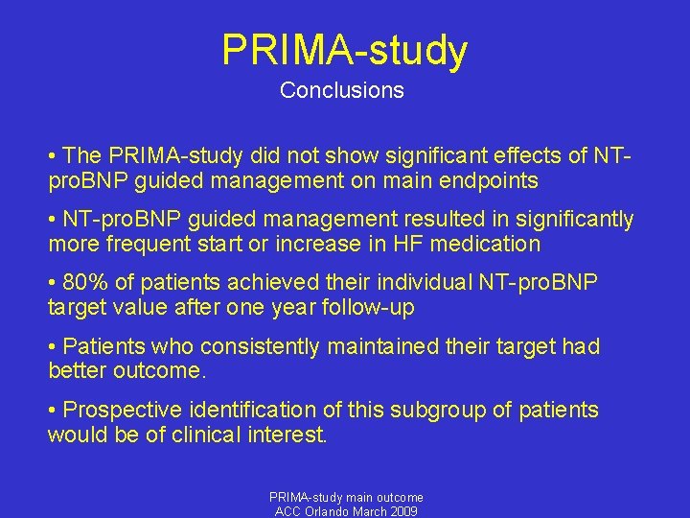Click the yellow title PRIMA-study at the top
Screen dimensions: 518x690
click(x=344, y=50)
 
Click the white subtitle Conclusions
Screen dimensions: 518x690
click(x=342, y=91)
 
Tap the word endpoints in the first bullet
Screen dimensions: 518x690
click(x=493, y=180)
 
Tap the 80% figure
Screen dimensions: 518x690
click(x=83, y=283)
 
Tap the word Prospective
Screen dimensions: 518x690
click(x=122, y=410)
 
